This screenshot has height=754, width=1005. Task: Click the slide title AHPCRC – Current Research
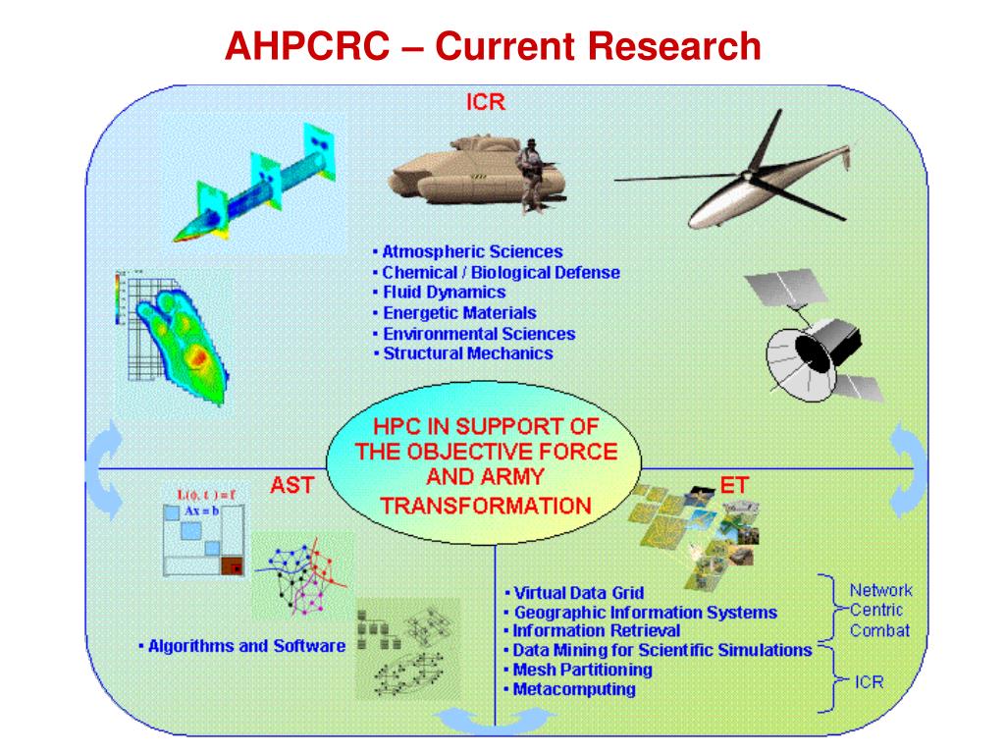493,45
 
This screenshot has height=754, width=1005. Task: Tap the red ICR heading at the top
486,102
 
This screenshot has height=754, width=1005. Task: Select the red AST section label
291,485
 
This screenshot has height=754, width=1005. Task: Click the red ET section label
734,485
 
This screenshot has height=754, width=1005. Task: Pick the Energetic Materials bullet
458,313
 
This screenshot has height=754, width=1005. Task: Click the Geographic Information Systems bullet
645,613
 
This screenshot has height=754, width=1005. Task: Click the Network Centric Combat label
879,611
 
